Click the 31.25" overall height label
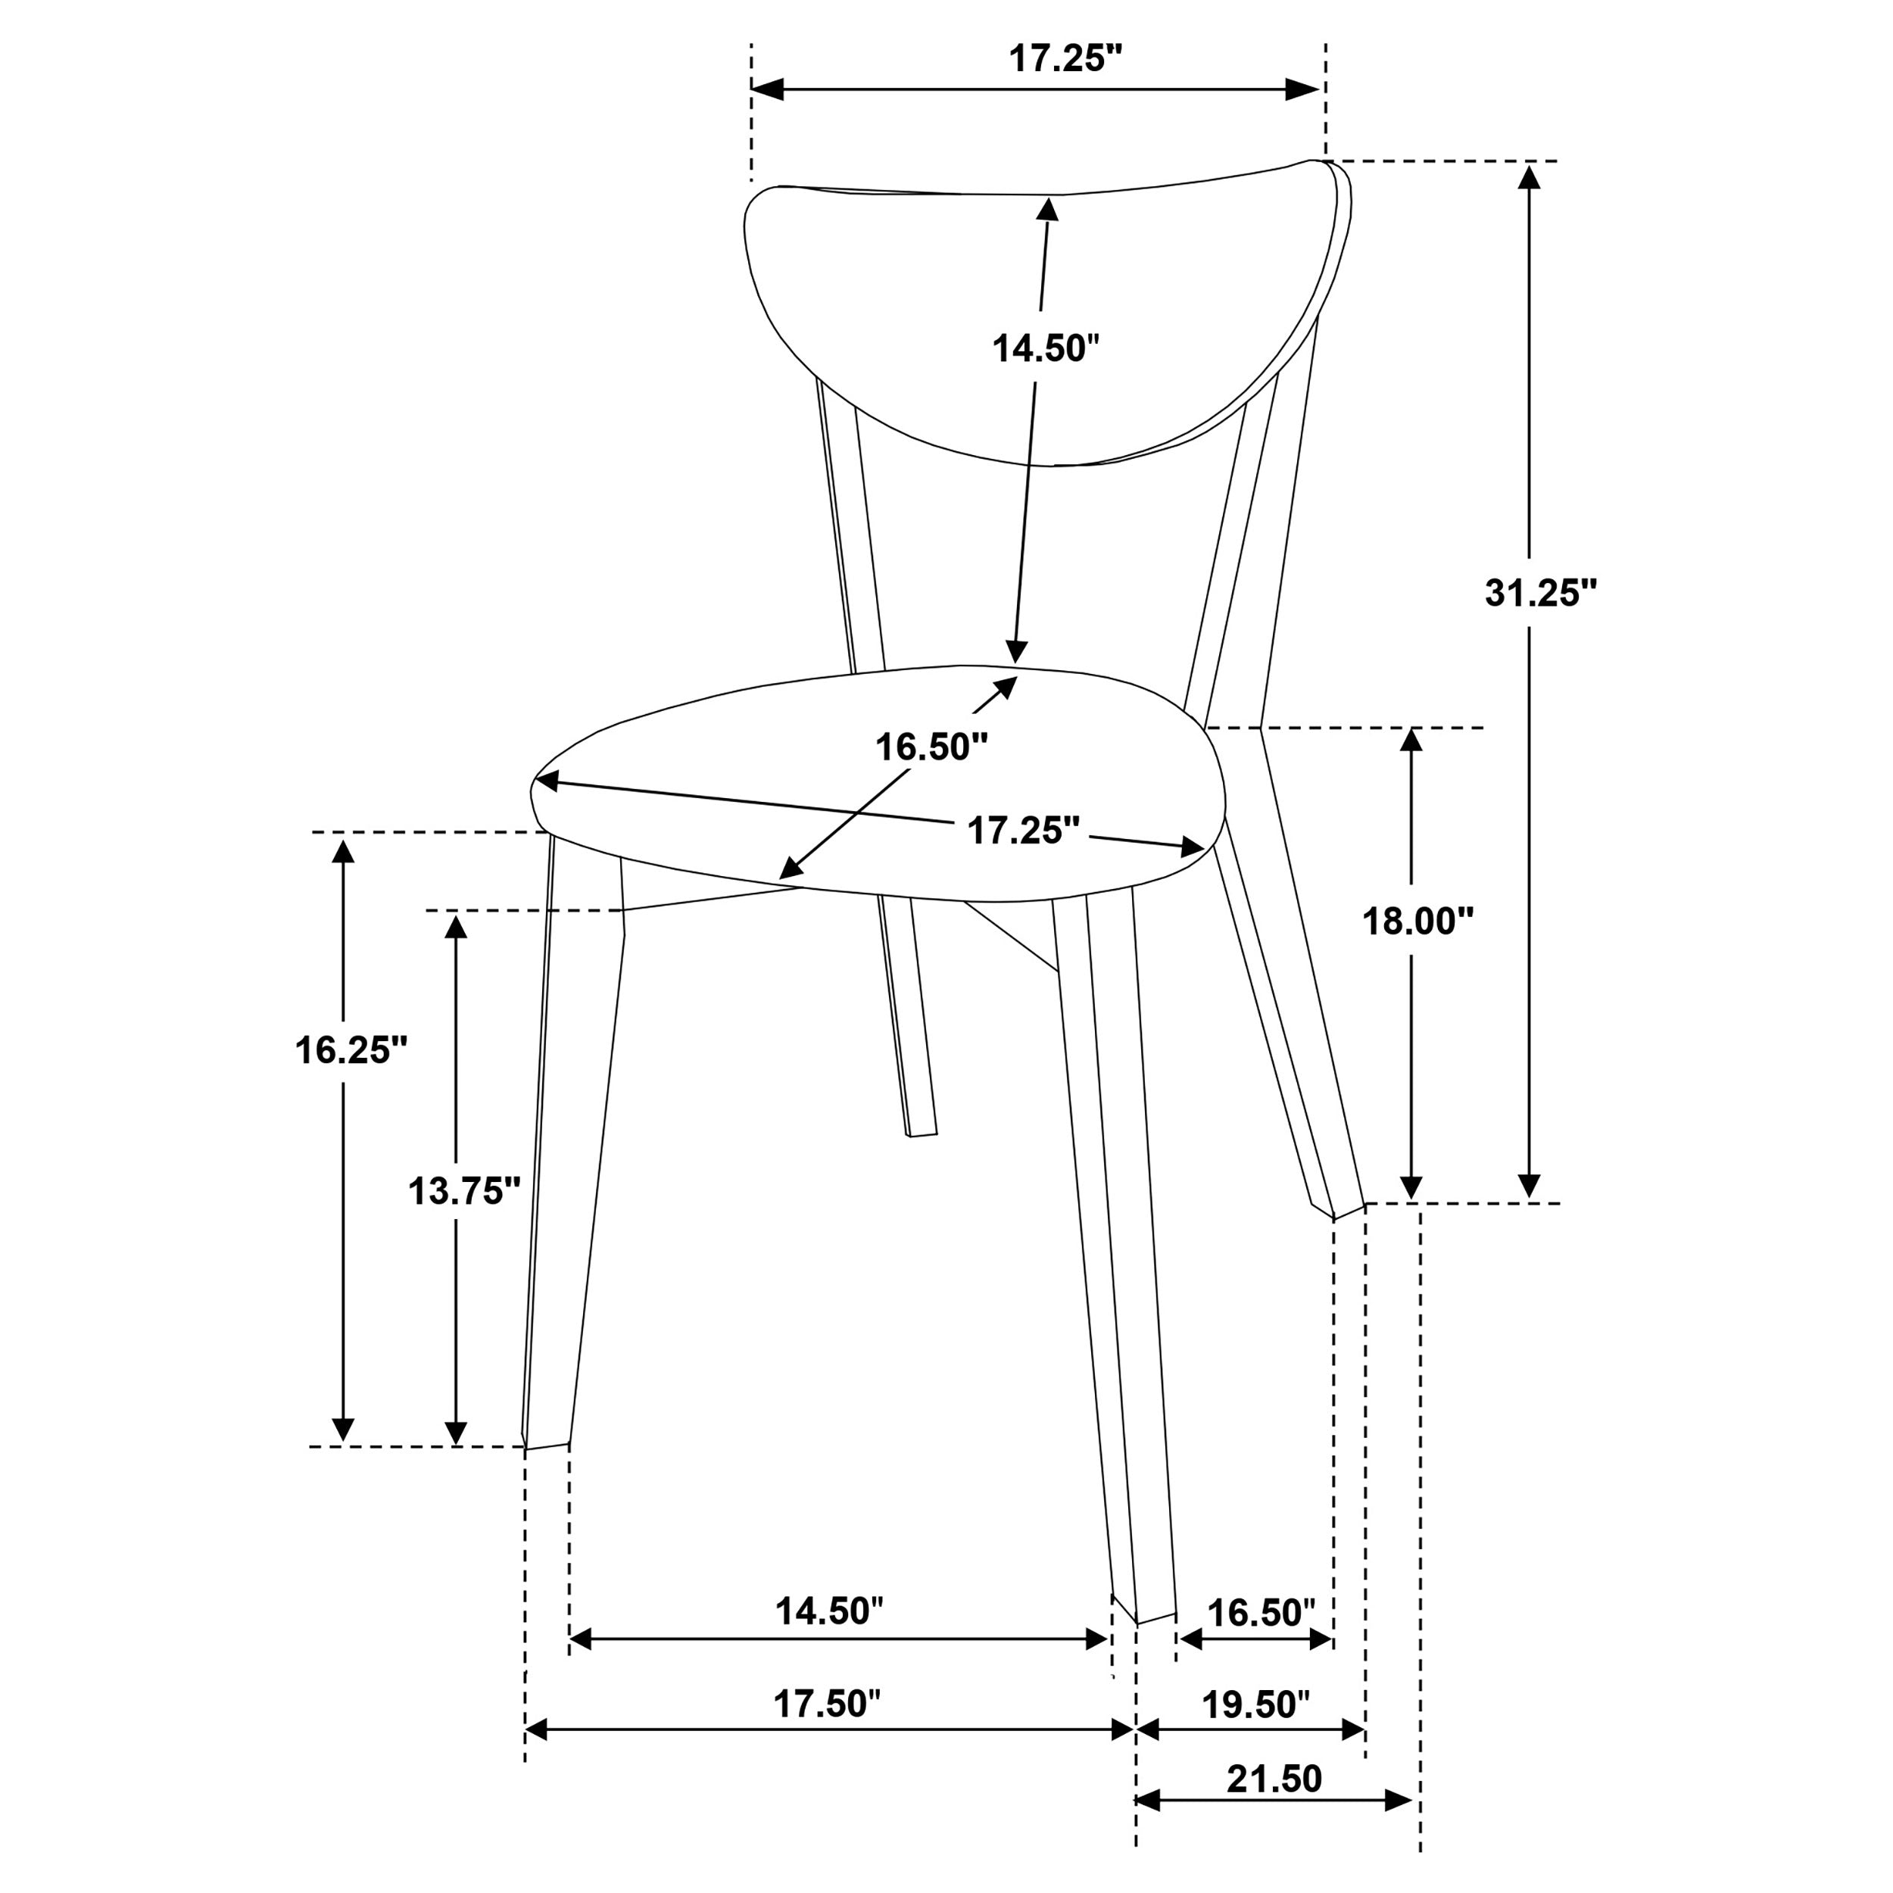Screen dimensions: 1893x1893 click(x=1540, y=594)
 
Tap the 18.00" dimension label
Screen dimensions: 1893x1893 click(x=1417, y=920)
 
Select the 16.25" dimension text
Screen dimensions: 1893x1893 click(x=351, y=1049)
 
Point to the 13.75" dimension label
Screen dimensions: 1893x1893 click(x=463, y=1191)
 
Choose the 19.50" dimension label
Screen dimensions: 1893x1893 click(x=1255, y=1705)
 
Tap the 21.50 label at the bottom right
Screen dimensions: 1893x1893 click(x=1274, y=1779)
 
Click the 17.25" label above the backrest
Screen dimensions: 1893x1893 click(x=1065, y=59)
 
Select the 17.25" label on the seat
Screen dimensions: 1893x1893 click(x=1023, y=831)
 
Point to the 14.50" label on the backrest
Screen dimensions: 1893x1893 click(x=1046, y=348)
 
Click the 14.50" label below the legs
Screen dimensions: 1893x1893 click(x=829, y=1611)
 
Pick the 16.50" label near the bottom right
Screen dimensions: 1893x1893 click(x=1260, y=1612)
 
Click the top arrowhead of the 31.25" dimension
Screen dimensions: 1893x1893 click(x=1530, y=176)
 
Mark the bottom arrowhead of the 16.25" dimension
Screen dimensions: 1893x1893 click(x=343, y=1430)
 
